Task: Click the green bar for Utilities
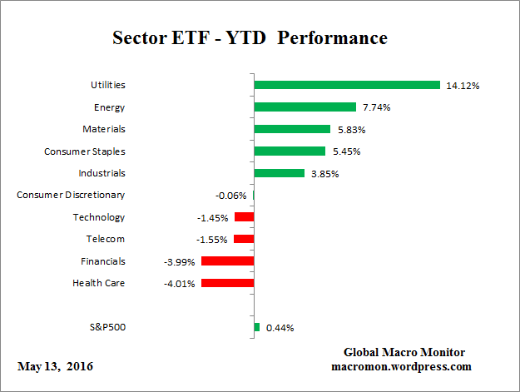(x=346, y=85)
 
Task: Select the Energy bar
(x=305, y=107)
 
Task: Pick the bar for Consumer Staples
(x=290, y=151)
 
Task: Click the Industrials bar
(x=279, y=173)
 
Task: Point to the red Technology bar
(x=244, y=217)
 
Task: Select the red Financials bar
(x=227, y=261)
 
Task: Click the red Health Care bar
(x=227, y=283)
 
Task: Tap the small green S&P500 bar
(x=256, y=327)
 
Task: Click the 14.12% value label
(x=463, y=85)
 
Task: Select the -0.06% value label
(x=230, y=196)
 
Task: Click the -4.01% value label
(x=180, y=284)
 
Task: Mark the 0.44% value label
(x=280, y=328)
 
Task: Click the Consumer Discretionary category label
(x=71, y=195)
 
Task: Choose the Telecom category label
(x=105, y=239)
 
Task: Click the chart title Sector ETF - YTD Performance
(x=250, y=38)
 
